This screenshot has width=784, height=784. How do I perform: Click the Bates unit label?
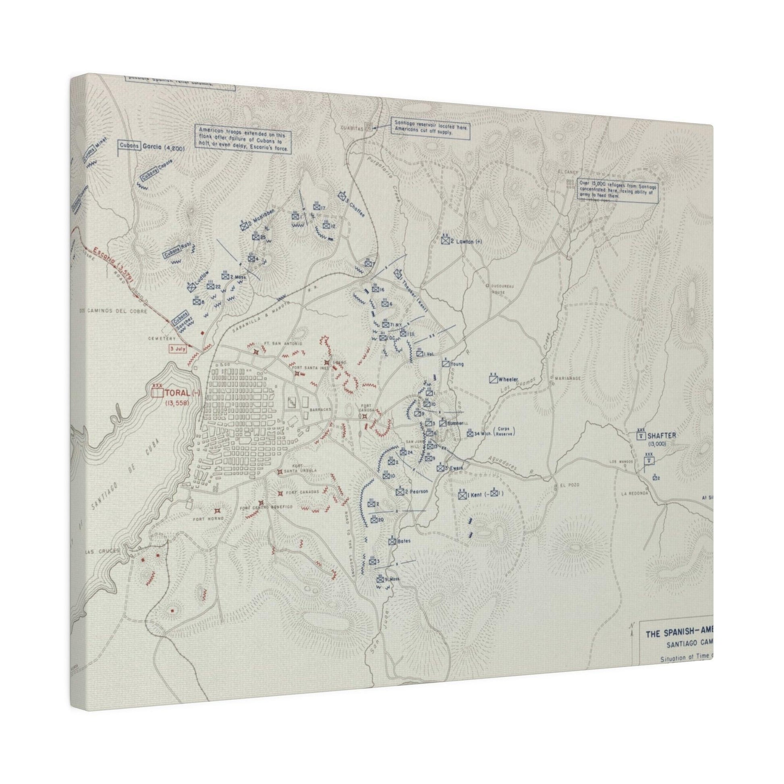tap(403, 541)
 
